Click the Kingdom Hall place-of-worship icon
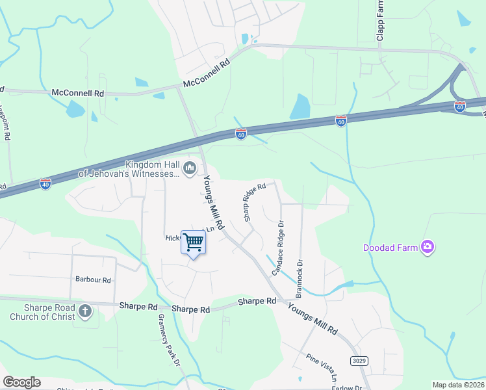coord(190,169)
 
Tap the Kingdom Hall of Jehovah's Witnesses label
coord(128,169)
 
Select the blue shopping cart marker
coord(194,243)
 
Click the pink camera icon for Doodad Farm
coord(428,246)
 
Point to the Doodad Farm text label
coord(390,247)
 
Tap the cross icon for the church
coord(84,311)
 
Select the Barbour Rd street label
coord(93,280)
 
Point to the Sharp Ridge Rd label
coord(255,202)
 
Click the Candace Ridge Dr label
coord(277,248)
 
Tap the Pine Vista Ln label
coord(324,368)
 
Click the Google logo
coord(21,382)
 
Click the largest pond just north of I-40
coord(300,107)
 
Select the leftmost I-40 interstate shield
coord(45,184)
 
